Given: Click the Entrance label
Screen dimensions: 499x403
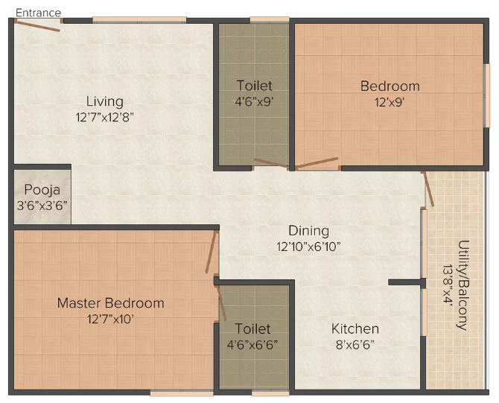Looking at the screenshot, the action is point(38,13).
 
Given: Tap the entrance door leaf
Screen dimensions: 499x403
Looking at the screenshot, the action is point(37,26).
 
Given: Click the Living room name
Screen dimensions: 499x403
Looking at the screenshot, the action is point(105,101).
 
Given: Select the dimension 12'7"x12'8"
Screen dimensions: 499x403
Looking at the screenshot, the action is point(105,117).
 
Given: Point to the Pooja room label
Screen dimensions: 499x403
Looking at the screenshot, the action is point(42,190).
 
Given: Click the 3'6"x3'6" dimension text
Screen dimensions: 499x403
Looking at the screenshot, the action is point(42,206).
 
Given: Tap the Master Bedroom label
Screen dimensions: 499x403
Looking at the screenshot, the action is point(110,303).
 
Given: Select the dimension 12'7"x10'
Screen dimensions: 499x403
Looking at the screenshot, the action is point(110,319).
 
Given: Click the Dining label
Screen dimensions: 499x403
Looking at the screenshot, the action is point(308,231).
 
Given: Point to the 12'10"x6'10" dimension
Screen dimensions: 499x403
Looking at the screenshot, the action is point(308,247).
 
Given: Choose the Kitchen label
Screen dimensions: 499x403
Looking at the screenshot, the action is point(355,329).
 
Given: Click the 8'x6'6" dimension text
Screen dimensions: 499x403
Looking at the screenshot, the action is point(355,344).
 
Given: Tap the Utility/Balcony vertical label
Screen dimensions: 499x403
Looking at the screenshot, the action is point(463,285).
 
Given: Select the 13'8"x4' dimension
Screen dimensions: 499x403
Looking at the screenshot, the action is point(448,285).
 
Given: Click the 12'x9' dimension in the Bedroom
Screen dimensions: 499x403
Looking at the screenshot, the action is point(390,102).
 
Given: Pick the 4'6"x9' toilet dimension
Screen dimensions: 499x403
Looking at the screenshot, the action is point(254,101).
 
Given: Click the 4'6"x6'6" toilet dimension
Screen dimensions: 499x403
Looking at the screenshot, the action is point(252,344).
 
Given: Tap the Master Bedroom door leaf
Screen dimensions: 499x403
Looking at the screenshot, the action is point(211,252).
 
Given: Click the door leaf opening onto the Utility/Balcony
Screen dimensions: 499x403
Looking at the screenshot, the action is point(428,189).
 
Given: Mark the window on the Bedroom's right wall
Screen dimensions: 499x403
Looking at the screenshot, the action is point(486,96).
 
